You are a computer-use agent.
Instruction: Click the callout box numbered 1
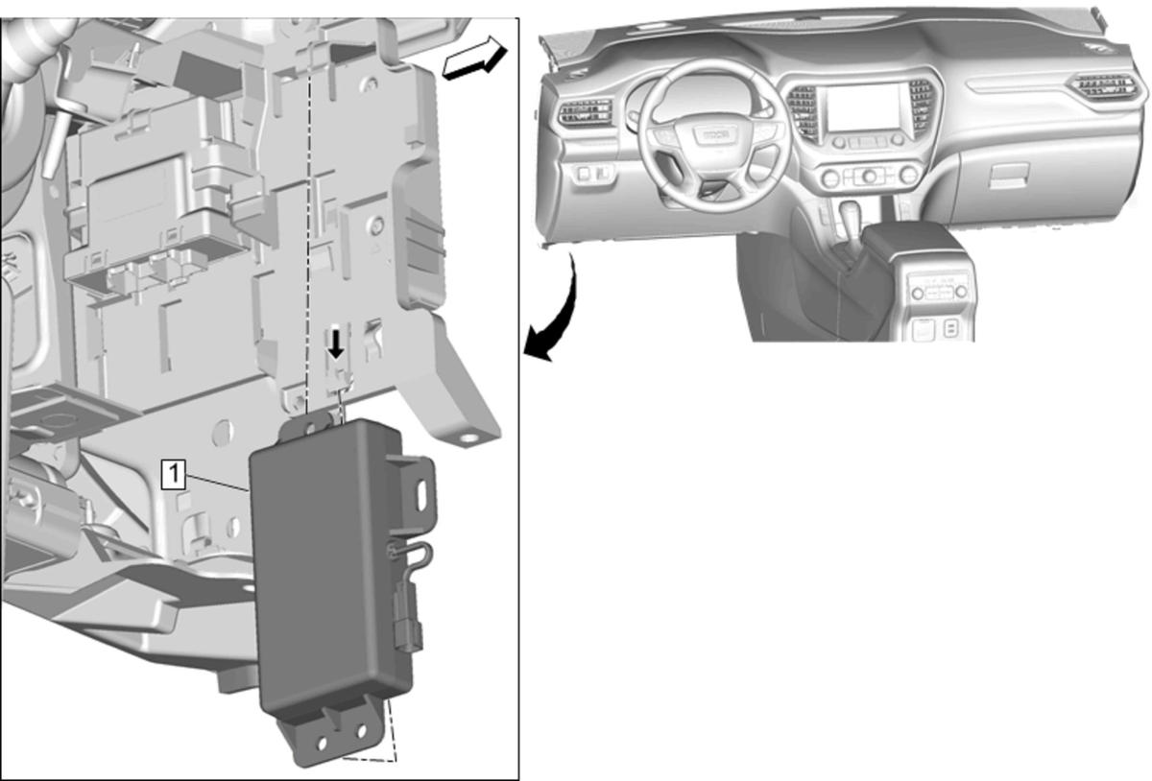(x=174, y=474)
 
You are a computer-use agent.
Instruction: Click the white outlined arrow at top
(x=474, y=59)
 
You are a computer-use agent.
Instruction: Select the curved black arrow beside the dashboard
(x=556, y=314)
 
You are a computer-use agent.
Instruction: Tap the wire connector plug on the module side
(x=408, y=623)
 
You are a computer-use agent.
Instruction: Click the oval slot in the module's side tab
(x=422, y=495)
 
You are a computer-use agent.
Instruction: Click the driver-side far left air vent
(x=586, y=113)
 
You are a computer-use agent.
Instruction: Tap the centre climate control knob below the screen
(x=869, y=177)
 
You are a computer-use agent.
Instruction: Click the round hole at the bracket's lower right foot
(x=468, y=438)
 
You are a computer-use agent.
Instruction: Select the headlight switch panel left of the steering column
(x=593, y=174)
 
